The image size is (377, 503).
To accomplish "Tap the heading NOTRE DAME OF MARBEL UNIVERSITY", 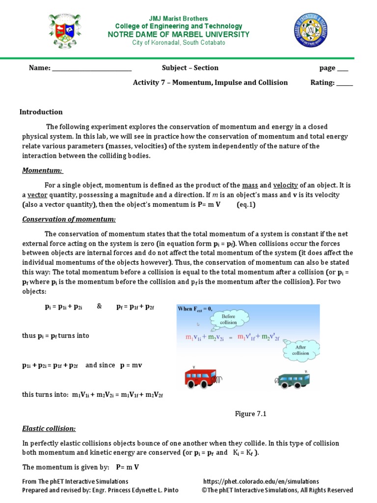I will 178,34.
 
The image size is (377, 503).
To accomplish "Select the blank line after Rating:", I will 344,84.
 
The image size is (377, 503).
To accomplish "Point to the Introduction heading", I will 41,112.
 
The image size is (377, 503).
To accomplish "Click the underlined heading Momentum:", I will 42,170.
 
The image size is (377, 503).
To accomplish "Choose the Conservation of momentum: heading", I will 69,219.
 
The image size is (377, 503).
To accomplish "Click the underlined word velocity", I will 285,185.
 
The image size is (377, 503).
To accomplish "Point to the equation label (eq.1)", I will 246,205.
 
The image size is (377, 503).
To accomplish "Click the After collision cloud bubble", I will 300,350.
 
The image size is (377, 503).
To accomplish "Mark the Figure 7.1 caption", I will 250,414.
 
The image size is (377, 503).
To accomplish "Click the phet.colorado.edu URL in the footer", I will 261,481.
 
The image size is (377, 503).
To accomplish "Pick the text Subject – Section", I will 190,68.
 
